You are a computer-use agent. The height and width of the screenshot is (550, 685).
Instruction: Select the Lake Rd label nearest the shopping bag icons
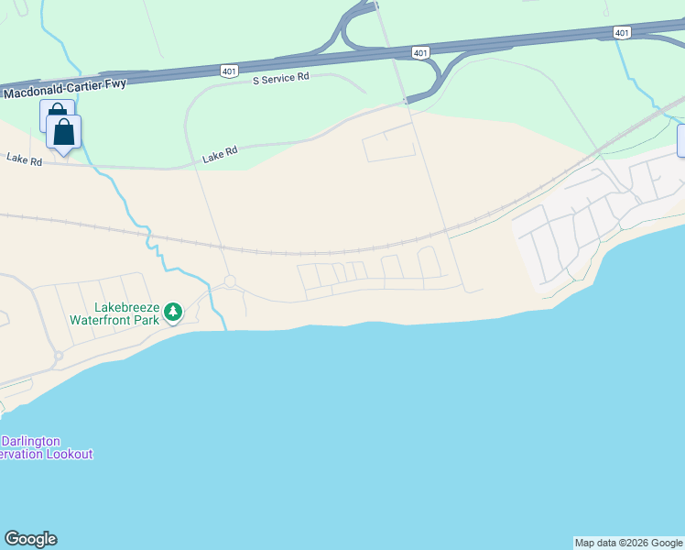[24, 159]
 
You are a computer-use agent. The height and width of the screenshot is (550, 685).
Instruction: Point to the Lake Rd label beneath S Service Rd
[220, 157]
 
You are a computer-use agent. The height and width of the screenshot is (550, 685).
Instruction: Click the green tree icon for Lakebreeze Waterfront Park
[172, 313]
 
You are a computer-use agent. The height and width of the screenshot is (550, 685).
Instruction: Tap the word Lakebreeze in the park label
[126, 309]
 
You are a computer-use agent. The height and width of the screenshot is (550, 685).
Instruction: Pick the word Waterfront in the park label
[102, 321]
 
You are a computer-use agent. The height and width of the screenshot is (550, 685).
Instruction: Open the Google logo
[30, 539]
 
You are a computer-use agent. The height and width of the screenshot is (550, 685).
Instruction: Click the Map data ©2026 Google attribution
[629, 543]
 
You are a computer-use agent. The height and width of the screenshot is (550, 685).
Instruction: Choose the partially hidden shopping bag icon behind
[52, 112]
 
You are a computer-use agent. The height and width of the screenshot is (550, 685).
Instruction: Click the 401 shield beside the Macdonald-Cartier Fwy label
[229, 71]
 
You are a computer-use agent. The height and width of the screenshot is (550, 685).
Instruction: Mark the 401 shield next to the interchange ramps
[419, 53]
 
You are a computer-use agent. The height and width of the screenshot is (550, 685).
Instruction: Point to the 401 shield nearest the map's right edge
[622, 33]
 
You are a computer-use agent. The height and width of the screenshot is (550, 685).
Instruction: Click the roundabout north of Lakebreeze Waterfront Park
[230, 281]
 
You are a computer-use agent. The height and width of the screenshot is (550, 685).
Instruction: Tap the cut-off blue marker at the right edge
[681, 140]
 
